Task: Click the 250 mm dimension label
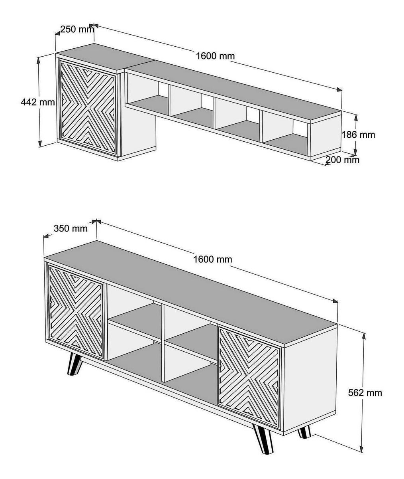pyautogui.click(x=77, y=30)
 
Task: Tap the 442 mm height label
pyautogui.click(x=38, y=102)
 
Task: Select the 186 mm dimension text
pyautogui.click(x=359, y=135)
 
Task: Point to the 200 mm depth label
pyautogui.click(x=343, y=160)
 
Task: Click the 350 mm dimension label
pyautogui.click(x=71, y=228)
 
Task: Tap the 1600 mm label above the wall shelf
pyautogui.click(x=216, y=56)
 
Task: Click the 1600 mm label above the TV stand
pyautogui.click(x=213, y=259)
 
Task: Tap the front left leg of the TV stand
pyautogui.click(x=74, y=364)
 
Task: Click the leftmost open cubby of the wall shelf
pyautogui.click(x=148, y=95)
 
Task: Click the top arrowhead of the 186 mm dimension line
pyautogui.click(x=355, y=118)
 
